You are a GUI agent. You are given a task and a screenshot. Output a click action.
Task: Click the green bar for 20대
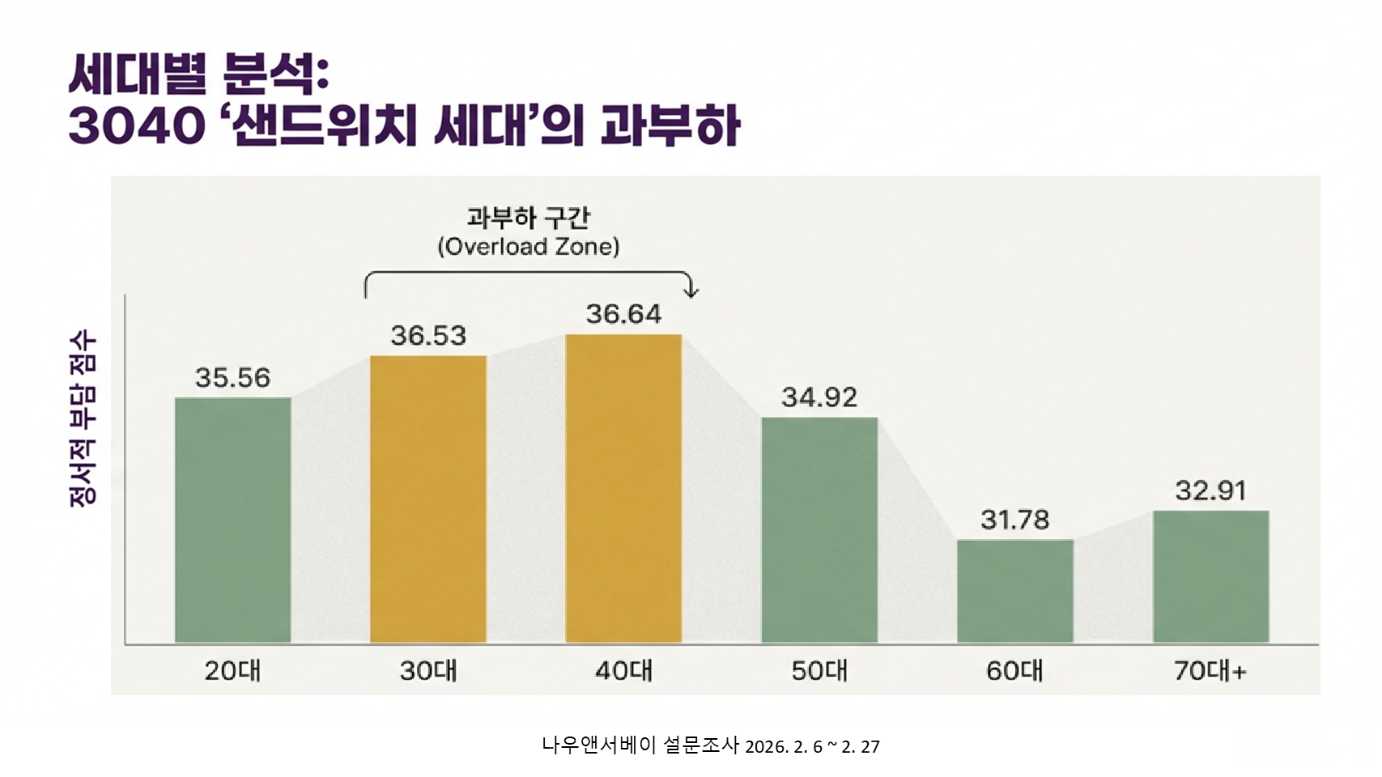point(233,520)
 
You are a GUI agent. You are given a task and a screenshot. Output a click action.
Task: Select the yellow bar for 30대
point(428,499)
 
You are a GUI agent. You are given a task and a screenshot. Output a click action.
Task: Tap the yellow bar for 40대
point(623,488)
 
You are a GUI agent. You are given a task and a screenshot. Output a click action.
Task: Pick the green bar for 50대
point(819,529)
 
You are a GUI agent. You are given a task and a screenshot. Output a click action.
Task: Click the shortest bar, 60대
point(1015,591)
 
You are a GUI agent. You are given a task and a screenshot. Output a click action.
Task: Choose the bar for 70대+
point(1210,576)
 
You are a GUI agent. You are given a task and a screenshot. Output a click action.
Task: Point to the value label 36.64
point(623,314)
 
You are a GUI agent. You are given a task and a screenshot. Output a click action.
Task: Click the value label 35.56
point(233,377)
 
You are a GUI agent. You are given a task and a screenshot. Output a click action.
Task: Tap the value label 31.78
point(1015,520)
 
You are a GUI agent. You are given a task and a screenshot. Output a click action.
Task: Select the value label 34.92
point(819,397)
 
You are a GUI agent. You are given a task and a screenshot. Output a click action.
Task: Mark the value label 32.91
point(1210,490)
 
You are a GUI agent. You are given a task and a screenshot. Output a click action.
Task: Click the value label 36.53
point(428,335)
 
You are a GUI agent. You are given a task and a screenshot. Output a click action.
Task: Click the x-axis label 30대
point(428,671)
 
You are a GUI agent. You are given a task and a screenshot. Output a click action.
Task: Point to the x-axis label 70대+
point(1210,671)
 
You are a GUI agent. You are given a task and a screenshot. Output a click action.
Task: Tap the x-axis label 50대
point(819,671)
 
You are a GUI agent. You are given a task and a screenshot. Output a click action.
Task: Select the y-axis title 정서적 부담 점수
point(83,418)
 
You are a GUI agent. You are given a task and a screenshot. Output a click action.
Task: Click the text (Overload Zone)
point(529,246)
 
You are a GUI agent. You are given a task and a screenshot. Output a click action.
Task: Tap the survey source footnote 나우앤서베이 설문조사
point(640,745)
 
